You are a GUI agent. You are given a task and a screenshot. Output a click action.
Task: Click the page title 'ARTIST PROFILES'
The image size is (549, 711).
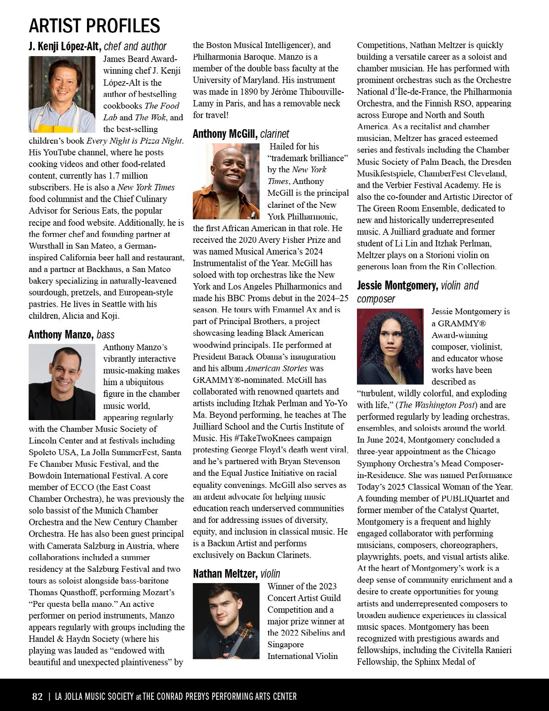pyautogui.click(x=94, y=26)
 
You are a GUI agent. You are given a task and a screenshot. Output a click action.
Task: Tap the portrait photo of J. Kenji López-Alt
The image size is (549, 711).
pyautogui.click(x=62, y=94)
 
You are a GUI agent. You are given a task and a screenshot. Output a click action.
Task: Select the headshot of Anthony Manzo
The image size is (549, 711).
pyautogui.click(x=62, y=382)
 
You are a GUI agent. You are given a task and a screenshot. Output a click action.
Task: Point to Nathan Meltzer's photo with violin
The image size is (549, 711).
pyautogui.click(x=226, y=620)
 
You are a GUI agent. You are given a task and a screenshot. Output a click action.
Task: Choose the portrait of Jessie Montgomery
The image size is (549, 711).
pyautogui.click(x=390, y=346)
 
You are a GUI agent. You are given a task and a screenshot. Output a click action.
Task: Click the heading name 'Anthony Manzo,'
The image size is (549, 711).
pyautogui.click(x=61, y=334)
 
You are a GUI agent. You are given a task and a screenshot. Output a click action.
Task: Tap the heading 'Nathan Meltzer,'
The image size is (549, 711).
pyautogui.click(x=225, y=574)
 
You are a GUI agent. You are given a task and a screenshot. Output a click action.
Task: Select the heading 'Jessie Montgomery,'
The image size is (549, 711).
pyautogui.click(x=397, y=285)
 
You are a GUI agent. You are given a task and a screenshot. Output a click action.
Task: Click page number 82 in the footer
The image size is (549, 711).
pyautogui.click(x=37, y=697)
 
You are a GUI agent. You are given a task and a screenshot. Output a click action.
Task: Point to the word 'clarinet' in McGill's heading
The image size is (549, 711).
pyautogui.click(x=274, y=134)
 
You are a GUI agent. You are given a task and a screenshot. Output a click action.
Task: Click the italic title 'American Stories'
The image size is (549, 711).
pyautogui.click(x=276, y=368)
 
